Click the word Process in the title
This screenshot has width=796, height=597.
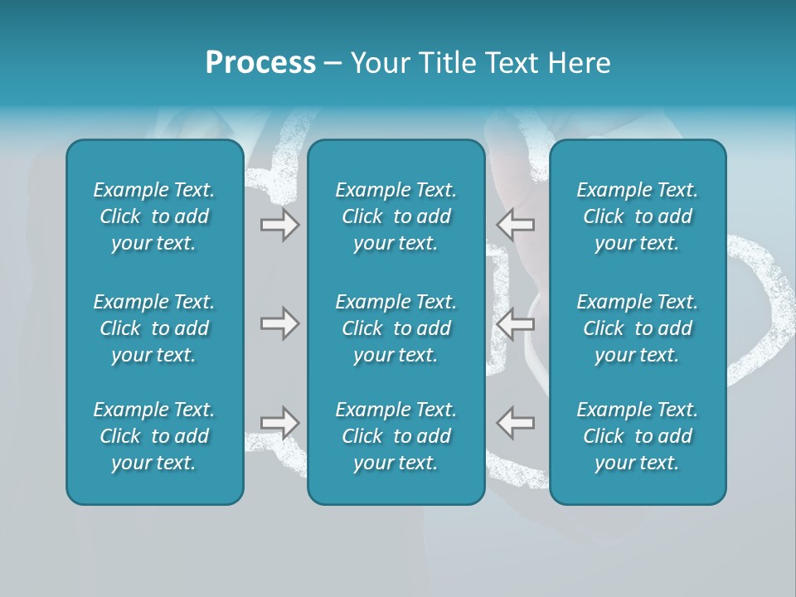click(260, 63)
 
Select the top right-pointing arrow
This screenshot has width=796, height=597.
click(279, 225)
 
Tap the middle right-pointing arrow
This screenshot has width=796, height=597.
click(279, 323)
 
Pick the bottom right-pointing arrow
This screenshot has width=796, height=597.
click(279, 422)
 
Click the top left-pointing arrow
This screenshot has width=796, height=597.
click(516, 225)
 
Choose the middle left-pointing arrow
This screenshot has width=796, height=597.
click(516, 323)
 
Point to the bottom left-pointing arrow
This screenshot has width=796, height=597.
click(516, 422)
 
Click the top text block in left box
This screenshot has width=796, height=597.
click(154, 216)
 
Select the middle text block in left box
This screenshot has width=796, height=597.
click(154, 328)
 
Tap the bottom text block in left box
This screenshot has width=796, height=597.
click(154, 436)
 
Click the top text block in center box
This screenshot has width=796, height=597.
click(396, 216)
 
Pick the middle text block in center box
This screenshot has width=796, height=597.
click(396, 328)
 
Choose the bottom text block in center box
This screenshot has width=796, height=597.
click(396, 436)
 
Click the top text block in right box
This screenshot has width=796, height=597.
click(638, 216)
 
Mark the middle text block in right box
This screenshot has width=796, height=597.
click(638, 328)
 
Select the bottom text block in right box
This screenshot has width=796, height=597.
click(638, 436)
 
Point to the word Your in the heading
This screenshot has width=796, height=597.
click(381, 63)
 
